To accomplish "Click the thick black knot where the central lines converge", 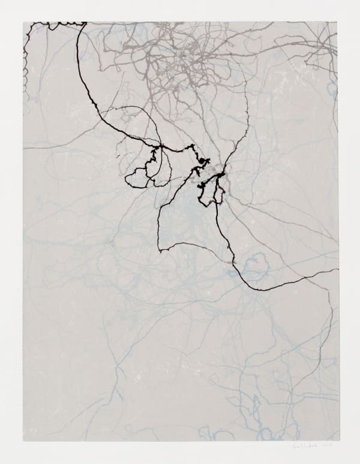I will (x=220, y=175).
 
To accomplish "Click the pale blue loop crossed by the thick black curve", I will (x=256, y=264).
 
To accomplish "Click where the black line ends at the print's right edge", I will (x=337, y=269).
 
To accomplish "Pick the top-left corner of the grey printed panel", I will (x=24, y=23).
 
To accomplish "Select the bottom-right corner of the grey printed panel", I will (x=338, y=441).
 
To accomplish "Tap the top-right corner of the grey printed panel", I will (x=338, y=23).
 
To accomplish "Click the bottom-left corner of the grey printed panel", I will (x=24, y=441).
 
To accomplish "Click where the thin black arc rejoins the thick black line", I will (x=161, y=146).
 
